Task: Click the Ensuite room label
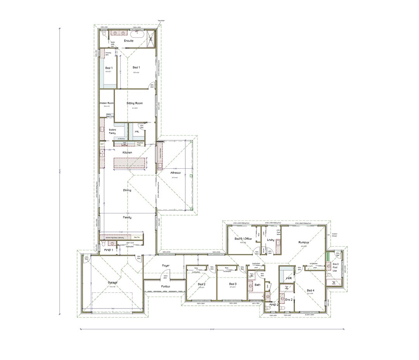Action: tap(128, 41)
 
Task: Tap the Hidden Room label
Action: tap(106, 103)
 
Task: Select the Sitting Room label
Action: tap(135, 103)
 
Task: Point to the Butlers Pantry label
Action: tap(113, 132)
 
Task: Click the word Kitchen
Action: tap(127, 152)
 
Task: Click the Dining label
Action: tap(127, 190)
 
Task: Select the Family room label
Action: tap(127, 218)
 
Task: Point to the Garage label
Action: tap(113, 282)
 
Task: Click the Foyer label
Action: tap(166, 266)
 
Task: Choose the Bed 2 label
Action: tap(201, 284)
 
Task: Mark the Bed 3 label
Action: tap(232, 284)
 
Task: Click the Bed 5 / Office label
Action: tap(243, 239)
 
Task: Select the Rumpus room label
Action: tap(303, 242)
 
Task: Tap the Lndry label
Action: tap(271, 240)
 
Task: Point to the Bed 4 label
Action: tap(310, 291)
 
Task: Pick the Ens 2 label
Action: tap(289, 299)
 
